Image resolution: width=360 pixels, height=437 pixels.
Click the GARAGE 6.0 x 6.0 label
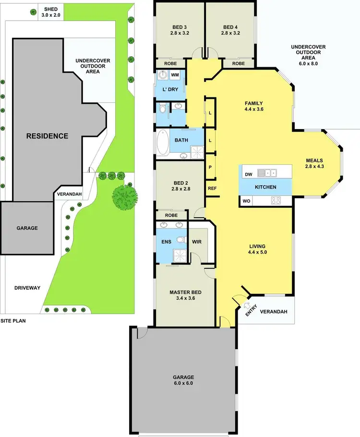pos(185,380)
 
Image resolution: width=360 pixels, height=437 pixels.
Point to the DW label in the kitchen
pos(248,174)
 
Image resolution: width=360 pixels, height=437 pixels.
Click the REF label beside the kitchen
pos(212,188)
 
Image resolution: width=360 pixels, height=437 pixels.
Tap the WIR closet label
pos(196,242)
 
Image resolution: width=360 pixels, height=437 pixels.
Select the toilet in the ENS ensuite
pos(180,240)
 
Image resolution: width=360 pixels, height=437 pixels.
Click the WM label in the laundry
pos(175,75)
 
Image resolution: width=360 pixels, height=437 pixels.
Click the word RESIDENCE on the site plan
pos(47,136)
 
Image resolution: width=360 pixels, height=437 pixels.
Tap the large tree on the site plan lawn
pos(125,196)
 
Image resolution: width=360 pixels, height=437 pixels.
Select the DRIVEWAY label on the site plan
pos(27,288)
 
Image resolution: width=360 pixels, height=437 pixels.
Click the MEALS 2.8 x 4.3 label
pos(315,164)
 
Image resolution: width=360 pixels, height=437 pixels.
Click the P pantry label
pos(210,167)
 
